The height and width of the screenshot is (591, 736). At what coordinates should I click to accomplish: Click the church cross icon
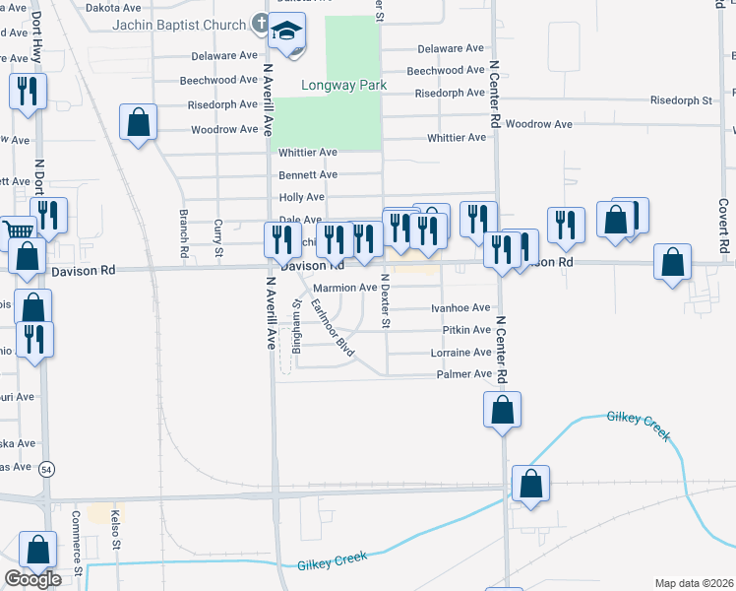pyautogui.click(x=261, y=22)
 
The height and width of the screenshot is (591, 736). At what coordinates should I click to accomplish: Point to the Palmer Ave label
pyautogui.click(x=463, y=374)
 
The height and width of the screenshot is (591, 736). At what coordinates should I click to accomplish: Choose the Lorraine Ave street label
pyautogui.click(x=460, y=353)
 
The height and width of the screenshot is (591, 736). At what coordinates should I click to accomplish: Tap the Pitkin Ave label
pyautogui.click(x=466, y=330)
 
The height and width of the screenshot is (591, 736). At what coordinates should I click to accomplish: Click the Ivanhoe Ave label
pyautogui.click(x=460, y=308)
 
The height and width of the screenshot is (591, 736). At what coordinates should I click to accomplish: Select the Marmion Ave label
pyautogui.click(x=344, y=289)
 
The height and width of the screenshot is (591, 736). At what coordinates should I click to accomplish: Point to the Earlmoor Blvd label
pyautogui.click(x=332, y=327)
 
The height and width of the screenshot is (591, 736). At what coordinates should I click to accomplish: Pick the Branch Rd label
pyautogui.click(x=183, y=233)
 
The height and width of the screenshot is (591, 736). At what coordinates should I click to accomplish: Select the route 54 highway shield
pyautogui.click(x=47, y=471)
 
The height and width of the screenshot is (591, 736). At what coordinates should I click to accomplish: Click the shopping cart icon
pyautogui.click(x=15, y=230)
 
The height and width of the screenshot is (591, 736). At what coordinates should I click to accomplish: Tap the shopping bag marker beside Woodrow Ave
pyautogui.click(x=139, y=123)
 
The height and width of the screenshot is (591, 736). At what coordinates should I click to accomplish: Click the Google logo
pyautogui.click(x=32, y=579)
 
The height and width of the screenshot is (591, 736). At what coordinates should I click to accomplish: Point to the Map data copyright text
pyautogui.click(x=694, y=583)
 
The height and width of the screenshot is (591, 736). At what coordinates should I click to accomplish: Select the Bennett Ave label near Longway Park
pyautogui.click(x=308, y=174)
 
